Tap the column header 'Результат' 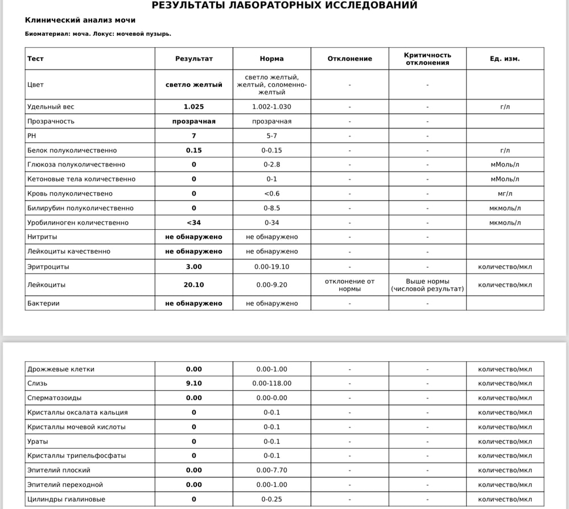pos(193,59)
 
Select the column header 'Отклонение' pos(349,59)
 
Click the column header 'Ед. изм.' pos(505,59)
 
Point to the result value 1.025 pos(193,107)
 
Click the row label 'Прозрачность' pos(51,121)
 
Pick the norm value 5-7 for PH pos(271,136)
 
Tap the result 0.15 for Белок pos(193,150)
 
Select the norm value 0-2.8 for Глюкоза pos(271,164)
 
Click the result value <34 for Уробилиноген pos(193,222)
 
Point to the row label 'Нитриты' pos(43,237)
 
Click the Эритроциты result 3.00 pos(193,266)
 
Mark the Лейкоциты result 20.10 pos(193,285)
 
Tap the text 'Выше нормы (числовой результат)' pos(427,285)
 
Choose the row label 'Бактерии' pos(43,303)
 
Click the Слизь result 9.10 pos(193,383)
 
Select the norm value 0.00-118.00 pos(271,383)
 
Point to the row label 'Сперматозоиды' pos(54,398)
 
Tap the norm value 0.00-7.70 pos(271,470)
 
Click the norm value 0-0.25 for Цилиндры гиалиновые pos(271,499)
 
